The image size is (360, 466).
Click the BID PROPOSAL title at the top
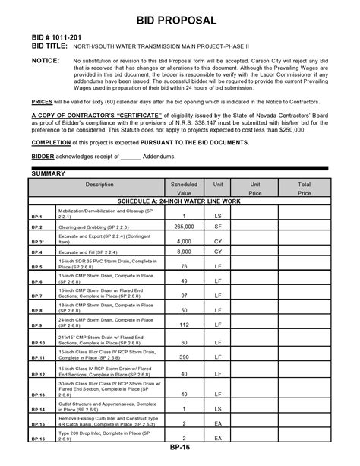(x=181, y=18)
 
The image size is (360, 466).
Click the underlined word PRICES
(x=42, y=100)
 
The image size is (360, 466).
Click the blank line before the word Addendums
(x=131, y=156)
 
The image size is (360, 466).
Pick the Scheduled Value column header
(x=184, y=189)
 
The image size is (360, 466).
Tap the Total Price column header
(x=304, y=189)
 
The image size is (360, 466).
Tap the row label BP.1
(x=36, y=217)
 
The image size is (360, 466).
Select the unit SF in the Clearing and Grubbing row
(x=218, y=227)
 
